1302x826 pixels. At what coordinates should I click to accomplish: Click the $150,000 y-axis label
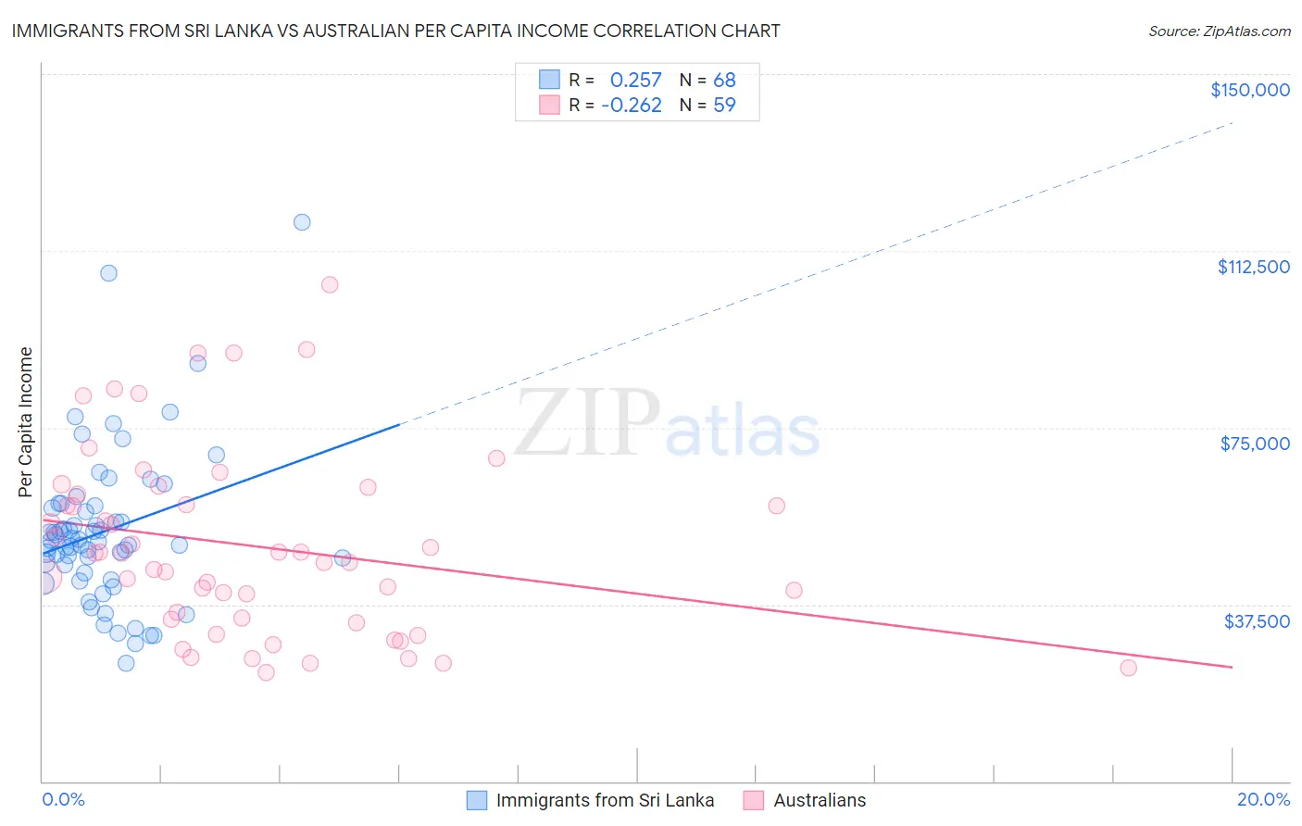pos(1249,90)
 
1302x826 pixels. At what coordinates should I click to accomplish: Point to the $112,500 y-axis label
pos(1253,267)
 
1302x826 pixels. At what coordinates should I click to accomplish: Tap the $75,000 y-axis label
pos(1255,444)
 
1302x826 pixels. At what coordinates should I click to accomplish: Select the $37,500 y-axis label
pos(1257,621)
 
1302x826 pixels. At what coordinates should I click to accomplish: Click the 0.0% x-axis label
pos(63,800)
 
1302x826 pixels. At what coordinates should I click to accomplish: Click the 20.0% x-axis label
pos(1263,800)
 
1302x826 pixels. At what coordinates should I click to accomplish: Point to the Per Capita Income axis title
pos(26,422)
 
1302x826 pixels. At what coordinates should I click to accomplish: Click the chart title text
pos(395,31)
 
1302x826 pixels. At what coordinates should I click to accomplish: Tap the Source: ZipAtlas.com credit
pos(1219,31)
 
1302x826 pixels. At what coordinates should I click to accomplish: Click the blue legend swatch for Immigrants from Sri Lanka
pos(477,801)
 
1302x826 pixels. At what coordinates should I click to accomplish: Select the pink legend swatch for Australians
pos(754,801)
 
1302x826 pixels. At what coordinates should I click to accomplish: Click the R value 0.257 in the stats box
pos(635,80)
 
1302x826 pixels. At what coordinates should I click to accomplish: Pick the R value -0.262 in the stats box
pos(632,106)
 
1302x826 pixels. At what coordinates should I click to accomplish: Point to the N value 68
pos(724,80)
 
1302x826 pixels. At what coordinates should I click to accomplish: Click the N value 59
pos(724,106)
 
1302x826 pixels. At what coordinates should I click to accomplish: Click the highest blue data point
pos(302,222)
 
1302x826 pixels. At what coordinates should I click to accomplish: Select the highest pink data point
pos(330,284)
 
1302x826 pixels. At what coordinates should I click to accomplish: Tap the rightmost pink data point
pos(1128,668)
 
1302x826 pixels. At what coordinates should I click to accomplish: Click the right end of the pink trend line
pos(1232,667)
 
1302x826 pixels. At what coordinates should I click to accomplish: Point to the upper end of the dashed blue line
pos(1232,122)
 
